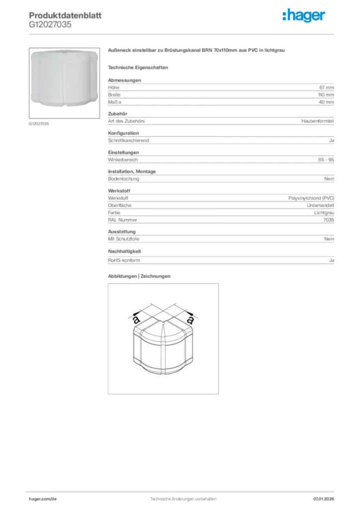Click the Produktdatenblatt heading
pyautogui.click(x=65, y=15)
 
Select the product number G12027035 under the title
pyautogui.click(x=50, y=24)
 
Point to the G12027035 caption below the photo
pyautogui.click(x=39, y=123)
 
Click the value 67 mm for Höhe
pyautogui.click(x=326, y=87)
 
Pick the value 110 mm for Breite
pyautogui.click(x=326, y=94)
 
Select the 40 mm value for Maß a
pyautogui.click(x=326, y=102)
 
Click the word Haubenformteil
pyautogui.click(x=318, y=121)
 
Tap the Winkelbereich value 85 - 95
pyautogui.click(x=326, y=160)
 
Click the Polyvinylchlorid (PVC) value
pyautogui.click(x=311, y=198)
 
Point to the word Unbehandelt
pyautogui.click(x=320, y=205)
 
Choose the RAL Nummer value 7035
pyautogui.click(x=329, y=220)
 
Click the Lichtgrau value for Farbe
pyautogui.click(x=324, y=212)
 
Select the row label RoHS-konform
pyautogui.click(x=124, y=260)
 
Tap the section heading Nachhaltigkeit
pyautogui.click(x=125, y=252)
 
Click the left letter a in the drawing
pyautogui.click(x=136, y=320)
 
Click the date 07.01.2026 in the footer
pyautogui.click(x=323, y=499)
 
